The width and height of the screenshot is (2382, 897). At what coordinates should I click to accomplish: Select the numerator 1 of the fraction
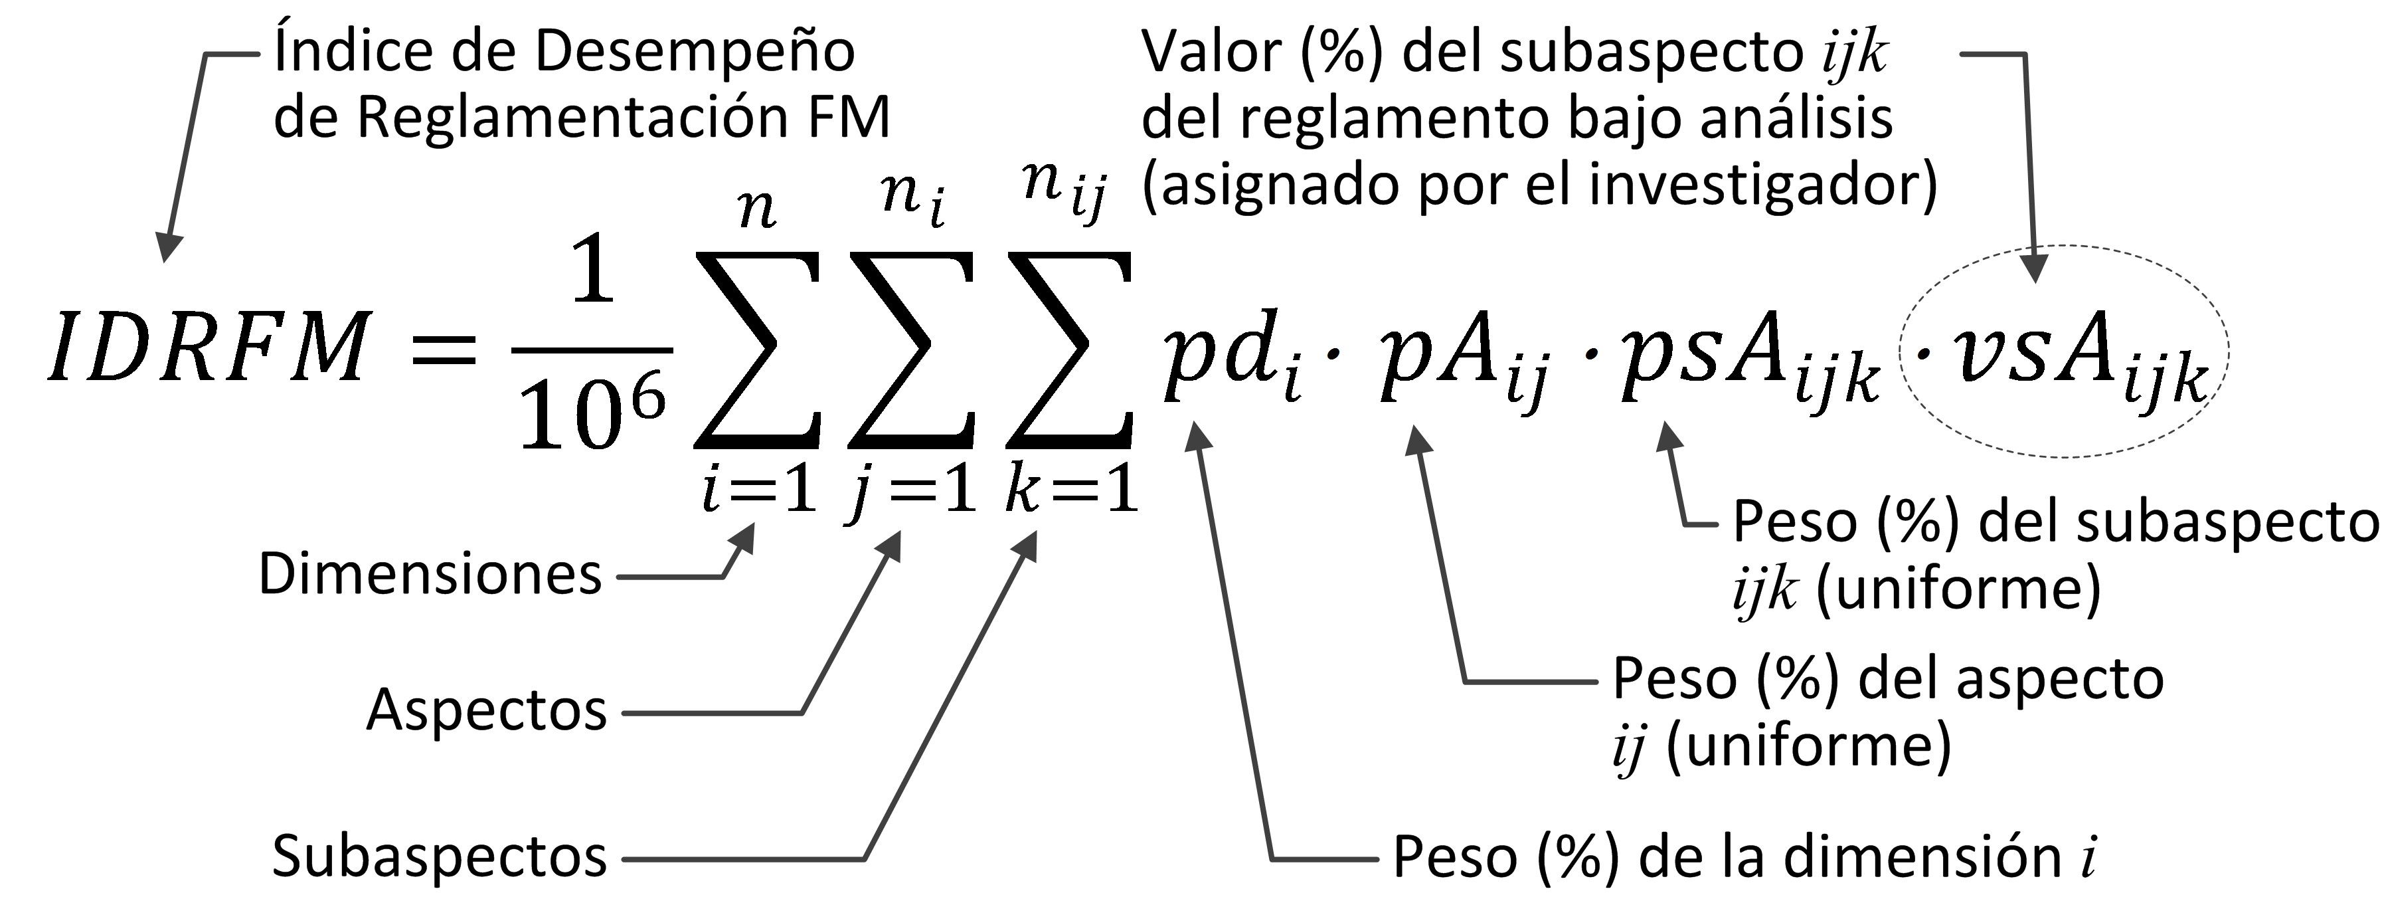592,270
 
